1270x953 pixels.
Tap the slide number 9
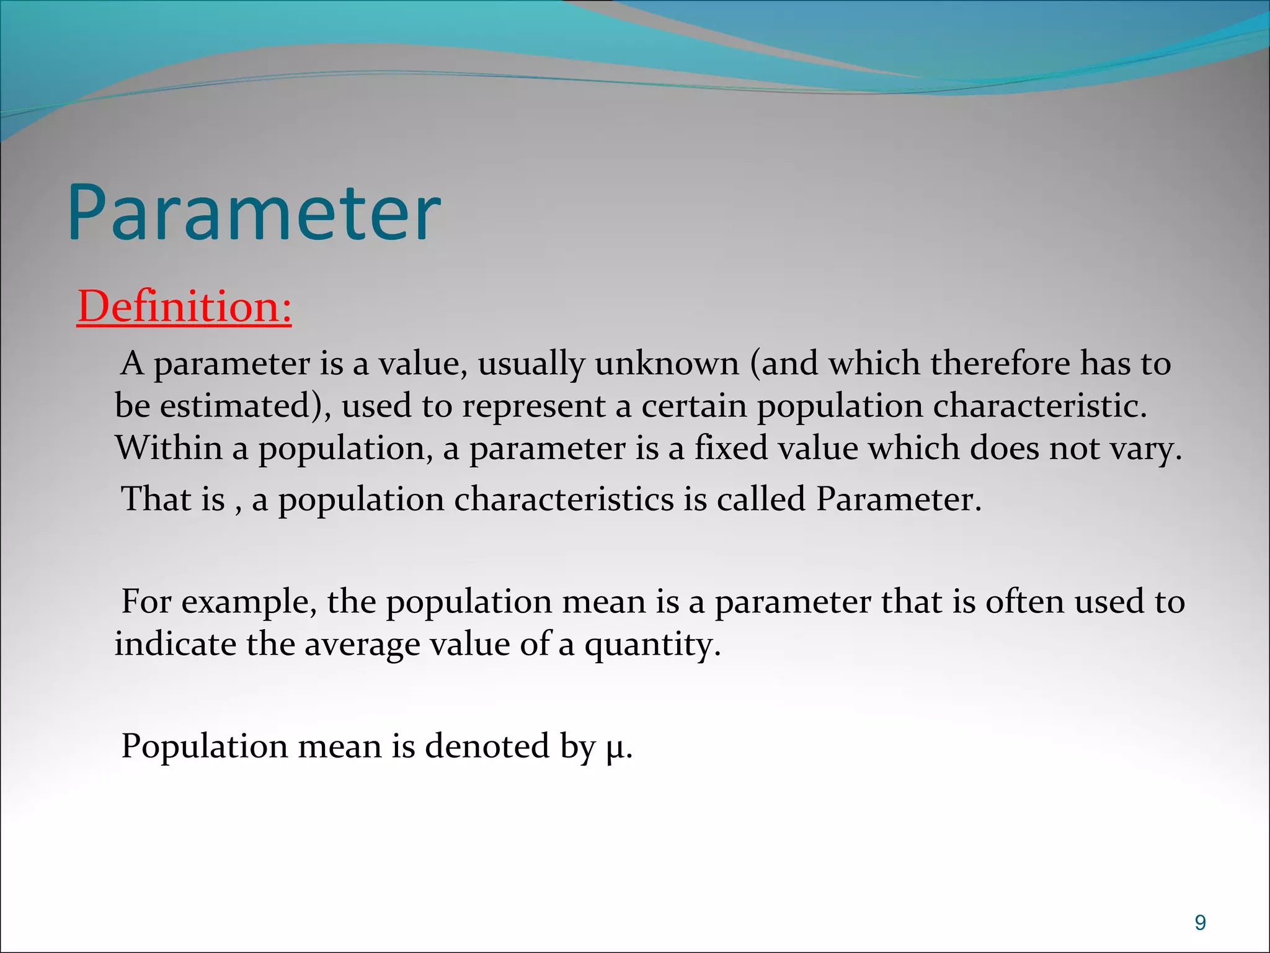pyautogui.click(x=1200, y=923)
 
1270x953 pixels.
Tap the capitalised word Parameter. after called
pyautogui.click(x=899, y=499)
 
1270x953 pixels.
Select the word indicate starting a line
pyautogui.click(x=175, y=643)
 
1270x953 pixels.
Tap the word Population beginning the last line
pyautogui.click(x=204, y=746)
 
